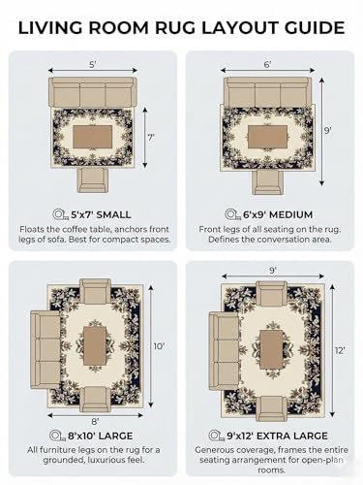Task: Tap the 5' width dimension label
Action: [x=93, y=65]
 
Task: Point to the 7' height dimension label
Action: [x=151, y=138]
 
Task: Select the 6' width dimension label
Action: [x=267, y=65]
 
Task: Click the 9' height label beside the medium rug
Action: [x=328, y=131]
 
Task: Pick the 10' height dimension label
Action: [x=159, y=346]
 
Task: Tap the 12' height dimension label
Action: [x=340, y=350]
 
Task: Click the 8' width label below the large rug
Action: [x=95, y=421]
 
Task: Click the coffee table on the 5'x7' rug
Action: [x=93, y=137]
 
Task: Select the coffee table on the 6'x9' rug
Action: [x=267, y=137]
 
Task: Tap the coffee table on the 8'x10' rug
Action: [x=95, y=345]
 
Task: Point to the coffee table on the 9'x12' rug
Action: [x=271, y=349]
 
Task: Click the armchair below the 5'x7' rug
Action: [x=93, y=180]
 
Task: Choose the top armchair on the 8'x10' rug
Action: [x=95, y=291]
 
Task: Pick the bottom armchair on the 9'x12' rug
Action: [x=272, y=408]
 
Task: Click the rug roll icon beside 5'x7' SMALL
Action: [x=61, y=214]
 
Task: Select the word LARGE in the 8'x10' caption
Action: [x=115, y=436]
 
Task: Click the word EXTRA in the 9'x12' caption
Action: [x=273, y=436]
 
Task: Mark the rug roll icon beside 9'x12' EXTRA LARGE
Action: [x=217, y=436]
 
